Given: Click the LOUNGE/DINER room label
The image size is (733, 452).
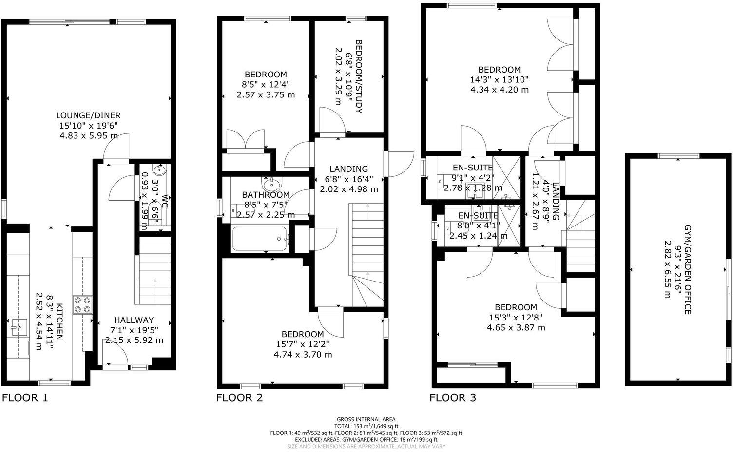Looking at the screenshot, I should click(x=88, y=115).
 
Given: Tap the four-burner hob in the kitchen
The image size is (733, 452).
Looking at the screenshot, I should click(x=81, y=304).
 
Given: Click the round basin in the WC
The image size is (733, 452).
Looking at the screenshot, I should click(x=159, y=170).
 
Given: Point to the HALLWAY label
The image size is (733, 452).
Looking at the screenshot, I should click(x=134, y=320).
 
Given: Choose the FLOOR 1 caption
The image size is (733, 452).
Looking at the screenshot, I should click(x=25, y=398).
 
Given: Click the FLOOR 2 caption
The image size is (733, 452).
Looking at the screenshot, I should click(x=239, y=398).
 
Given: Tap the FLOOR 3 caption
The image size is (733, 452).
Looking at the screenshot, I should click(x=452, y=398).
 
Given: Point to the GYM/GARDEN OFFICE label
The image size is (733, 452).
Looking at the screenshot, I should click(x=688, y=269).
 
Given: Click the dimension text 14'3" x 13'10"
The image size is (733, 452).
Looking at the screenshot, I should click(x=499, y=79).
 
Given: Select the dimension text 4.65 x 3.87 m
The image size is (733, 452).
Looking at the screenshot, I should click(x=516, y=327).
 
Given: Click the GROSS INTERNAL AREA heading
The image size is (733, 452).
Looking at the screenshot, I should click(x=366, y=419).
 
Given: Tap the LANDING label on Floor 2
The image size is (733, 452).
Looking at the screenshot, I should click(x=349, y=169).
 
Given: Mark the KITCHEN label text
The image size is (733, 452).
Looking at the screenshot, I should click(x=59, y=321).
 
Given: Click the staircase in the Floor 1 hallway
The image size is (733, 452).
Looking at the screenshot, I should click(x=153, y=270).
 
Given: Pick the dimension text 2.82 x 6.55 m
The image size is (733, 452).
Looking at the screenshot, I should click(x=667, y=269).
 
